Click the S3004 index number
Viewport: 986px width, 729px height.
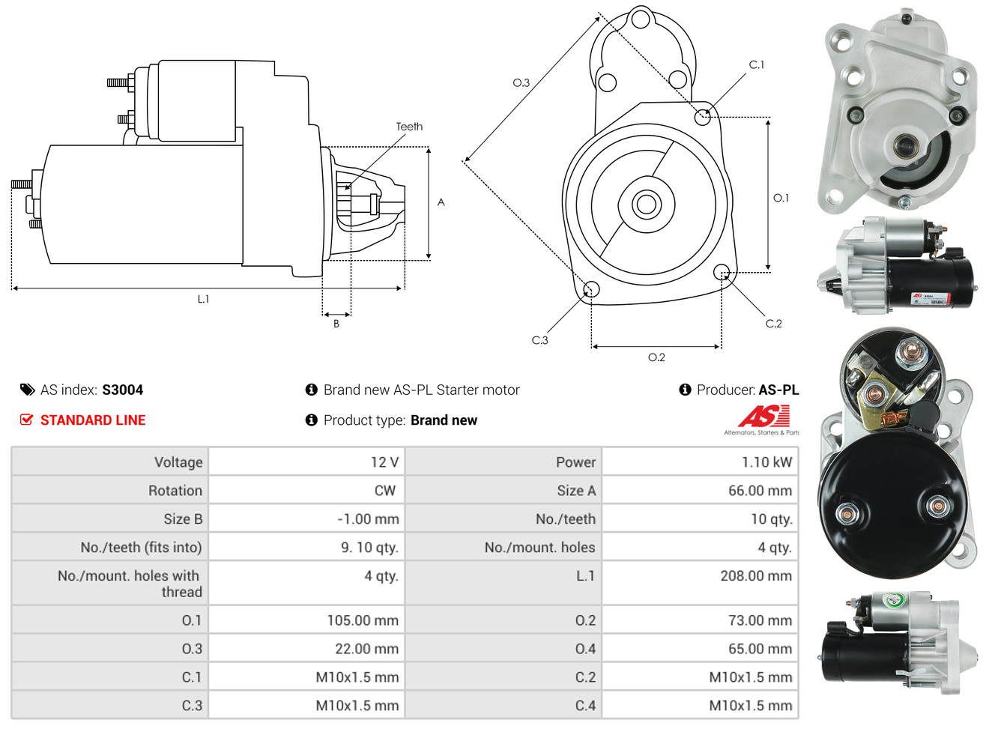[122, 390]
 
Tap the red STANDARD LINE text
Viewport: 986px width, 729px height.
[93, 420]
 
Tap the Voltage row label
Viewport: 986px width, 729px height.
[178, 462]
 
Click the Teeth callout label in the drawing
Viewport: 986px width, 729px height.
[409, 127]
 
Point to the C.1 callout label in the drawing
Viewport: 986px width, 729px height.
[757, 65]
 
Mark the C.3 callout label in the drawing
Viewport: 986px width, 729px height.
[539, 340]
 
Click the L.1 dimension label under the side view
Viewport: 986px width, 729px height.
[203, 299]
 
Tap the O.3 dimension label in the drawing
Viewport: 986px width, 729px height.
[521, 83]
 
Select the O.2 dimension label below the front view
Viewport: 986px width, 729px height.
[656, 357]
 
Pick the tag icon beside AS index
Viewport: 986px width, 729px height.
[27, 390]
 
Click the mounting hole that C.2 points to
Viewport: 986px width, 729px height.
[721, 271]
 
